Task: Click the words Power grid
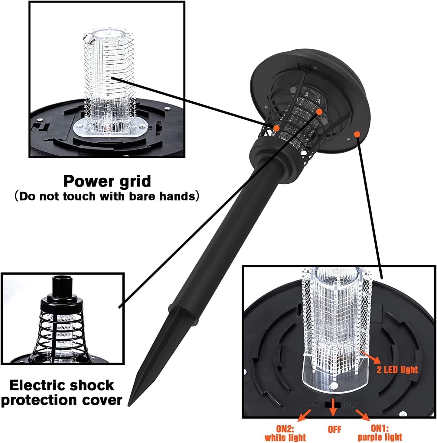[107, 181]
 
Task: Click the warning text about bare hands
[107, 196]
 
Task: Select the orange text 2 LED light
[397, 370]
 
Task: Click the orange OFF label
[334, 429]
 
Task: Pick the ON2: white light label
[285, 433]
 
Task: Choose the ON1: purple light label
[380, 433]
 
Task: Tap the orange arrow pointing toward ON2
[304, 415]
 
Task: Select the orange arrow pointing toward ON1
[362, 415]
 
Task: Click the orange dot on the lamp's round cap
[357, 134]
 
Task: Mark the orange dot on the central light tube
[319, 112]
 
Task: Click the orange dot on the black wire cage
[276, 128]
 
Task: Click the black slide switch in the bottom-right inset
[332, 404]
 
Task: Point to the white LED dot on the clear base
[334, 385]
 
